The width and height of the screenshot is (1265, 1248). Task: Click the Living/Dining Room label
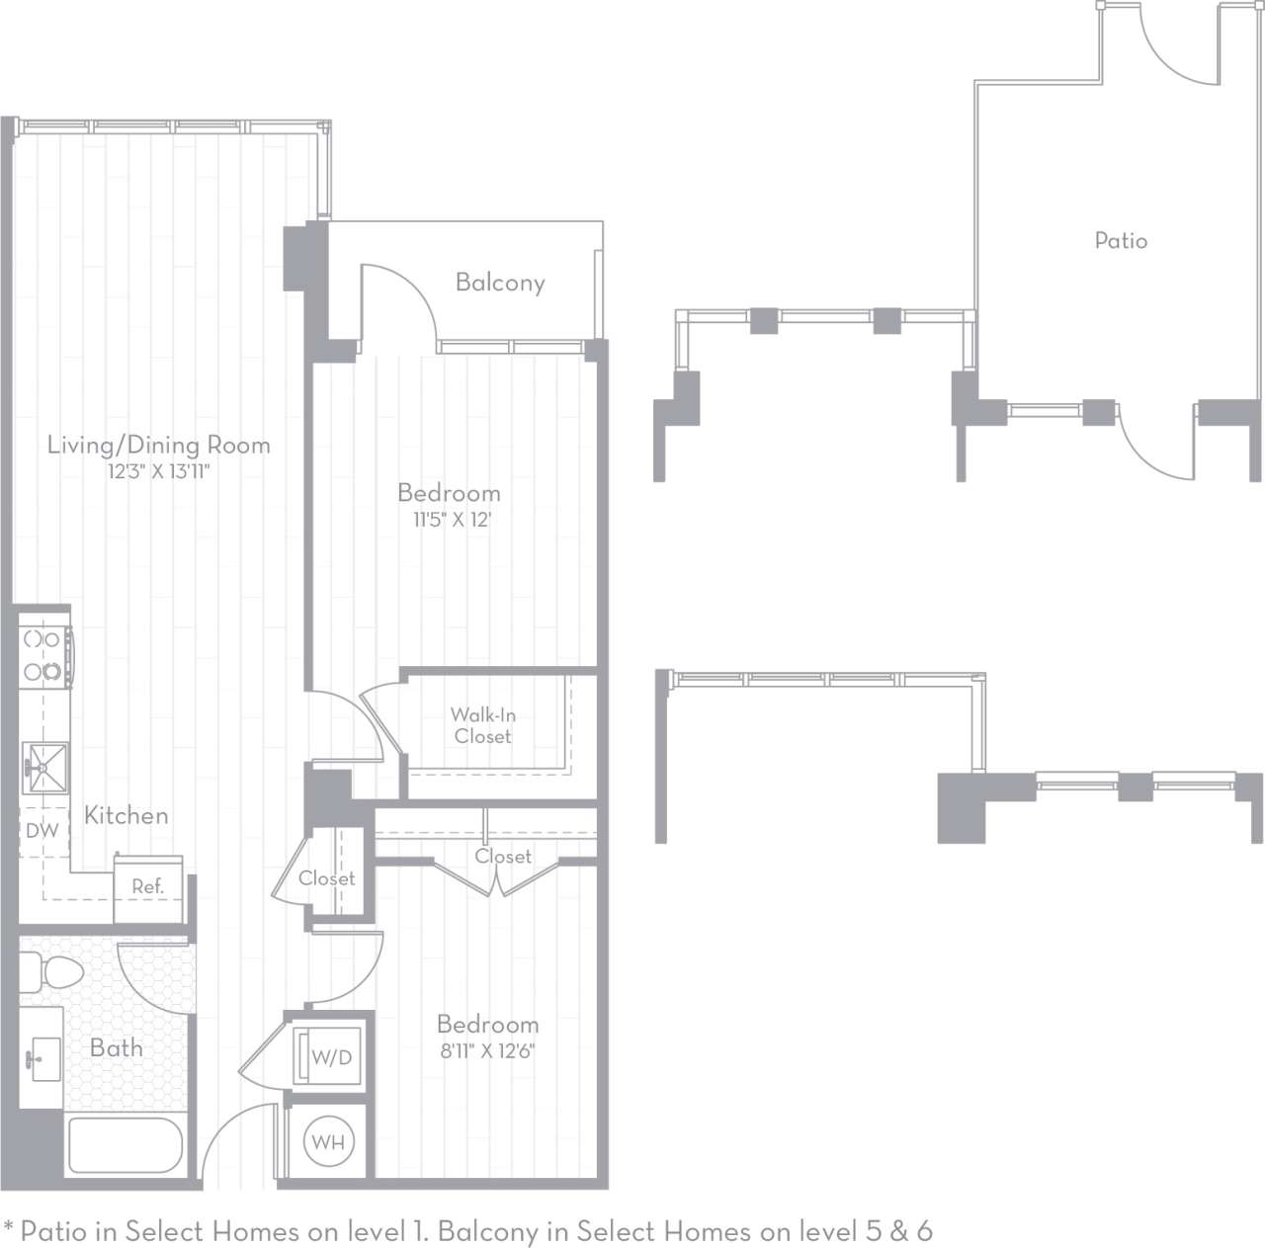[158, 446]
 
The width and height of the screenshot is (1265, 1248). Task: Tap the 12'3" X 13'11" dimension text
[158, 472]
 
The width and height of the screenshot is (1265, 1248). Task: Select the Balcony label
[500, 284]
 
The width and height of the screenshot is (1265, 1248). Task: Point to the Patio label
[1121, 241]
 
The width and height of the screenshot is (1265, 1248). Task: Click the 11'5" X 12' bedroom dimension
[452, 520]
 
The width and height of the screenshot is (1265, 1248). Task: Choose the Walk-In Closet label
[482, 725]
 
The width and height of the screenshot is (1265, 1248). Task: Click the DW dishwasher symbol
[42, 831]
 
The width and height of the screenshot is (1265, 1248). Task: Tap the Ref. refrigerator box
[148, 885]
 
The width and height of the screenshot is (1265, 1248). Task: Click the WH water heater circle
[328, 1143]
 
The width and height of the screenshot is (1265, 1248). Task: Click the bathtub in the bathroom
[125, 1145]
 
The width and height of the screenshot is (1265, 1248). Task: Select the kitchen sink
[44, 767]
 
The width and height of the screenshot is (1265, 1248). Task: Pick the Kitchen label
[126, 816]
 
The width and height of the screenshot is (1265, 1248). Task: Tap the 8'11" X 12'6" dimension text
[487, 1051]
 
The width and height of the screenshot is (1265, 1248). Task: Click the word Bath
[117, 1048]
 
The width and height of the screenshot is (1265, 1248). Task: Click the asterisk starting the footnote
[10, 1229]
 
